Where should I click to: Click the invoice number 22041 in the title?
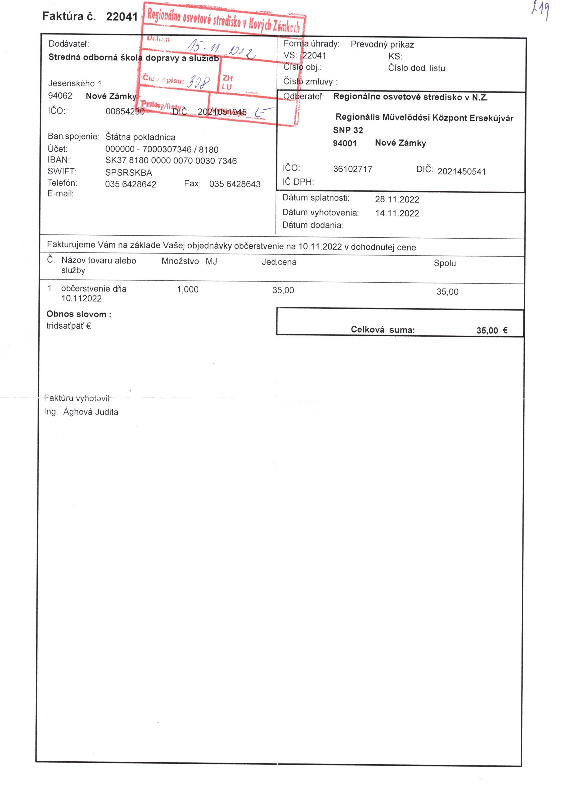coord(122,16)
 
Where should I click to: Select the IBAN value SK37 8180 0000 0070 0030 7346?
coord(171,161)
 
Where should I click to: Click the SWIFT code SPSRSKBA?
coord(129,173)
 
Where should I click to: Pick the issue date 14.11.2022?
coord(397,213)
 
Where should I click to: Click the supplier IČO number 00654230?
coord(125,111)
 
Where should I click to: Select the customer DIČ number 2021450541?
coord(461,171)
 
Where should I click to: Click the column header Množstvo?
coord(180,261)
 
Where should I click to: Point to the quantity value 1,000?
coord(187,290)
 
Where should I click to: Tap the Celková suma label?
coord(382,330)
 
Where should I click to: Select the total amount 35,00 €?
coord(492,330)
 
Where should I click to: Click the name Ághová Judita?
coord(91,412)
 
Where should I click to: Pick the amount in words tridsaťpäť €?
coord(69,326)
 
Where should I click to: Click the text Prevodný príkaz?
coord(382,45)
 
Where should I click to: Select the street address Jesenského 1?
coord(75,84)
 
